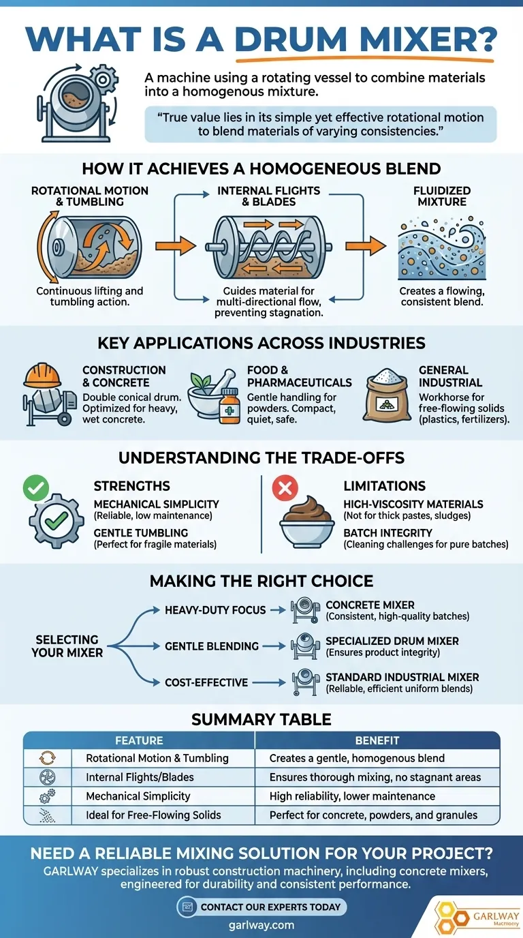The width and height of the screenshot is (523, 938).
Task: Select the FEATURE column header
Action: (x=139, y=740)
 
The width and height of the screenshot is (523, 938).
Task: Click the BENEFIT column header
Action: (x=377, y=740)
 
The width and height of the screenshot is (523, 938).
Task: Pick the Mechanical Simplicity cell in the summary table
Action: (x=138, y=796)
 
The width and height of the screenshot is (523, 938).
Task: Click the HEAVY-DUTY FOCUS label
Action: (x=215, y=609)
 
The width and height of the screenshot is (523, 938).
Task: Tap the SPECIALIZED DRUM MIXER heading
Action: (x=392, y=641)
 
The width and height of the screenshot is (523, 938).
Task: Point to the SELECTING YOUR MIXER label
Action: (x=67, y=646)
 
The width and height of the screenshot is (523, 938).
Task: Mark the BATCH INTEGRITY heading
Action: (x=387, y=532)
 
